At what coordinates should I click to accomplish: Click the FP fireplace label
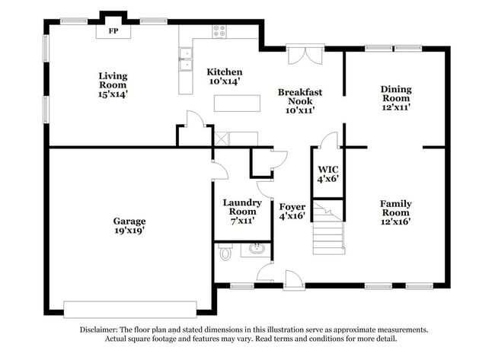click(113, 31)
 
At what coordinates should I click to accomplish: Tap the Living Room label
click(113, 85)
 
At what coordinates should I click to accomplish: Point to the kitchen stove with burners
click(219, 31)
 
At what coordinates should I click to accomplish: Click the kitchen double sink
click(185, 59)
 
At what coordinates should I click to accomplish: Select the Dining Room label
click(395, 98)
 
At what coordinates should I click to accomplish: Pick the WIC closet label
click(327, 174)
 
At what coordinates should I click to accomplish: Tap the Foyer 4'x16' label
click(292, 212)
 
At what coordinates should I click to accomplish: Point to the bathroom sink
click(256, 249)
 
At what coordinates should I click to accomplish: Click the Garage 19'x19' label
click(129, 226)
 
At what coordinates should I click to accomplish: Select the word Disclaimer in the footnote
click(104, 330)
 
